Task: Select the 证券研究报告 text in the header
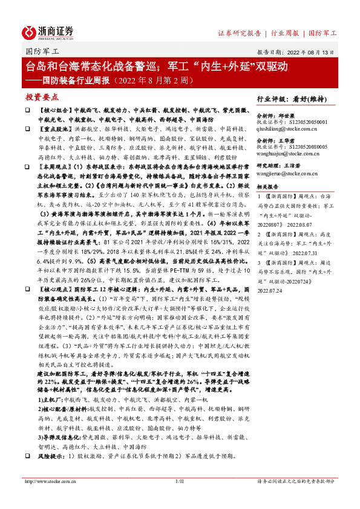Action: point(239,33)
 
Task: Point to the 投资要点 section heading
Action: point(42,97)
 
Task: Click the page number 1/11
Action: point(179,481)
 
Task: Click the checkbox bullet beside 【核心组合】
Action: point(27,111)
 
